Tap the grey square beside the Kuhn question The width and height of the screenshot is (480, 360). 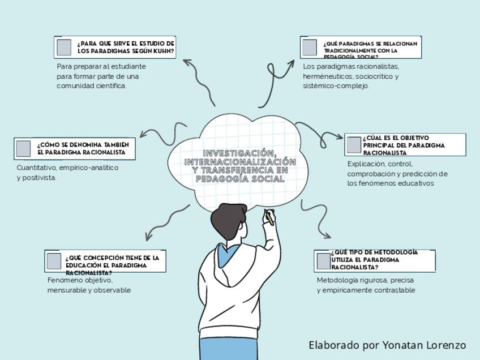[x=64, y=47]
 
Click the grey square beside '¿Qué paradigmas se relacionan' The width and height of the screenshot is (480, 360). [x=310, y=48]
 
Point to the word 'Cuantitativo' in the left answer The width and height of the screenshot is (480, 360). [x=37, y=168]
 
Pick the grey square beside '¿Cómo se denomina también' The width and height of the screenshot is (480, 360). [x=23, y=148]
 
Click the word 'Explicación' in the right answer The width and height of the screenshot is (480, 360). [x=366, y=164]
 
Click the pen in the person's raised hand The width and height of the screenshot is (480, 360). [x=269, y=217]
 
